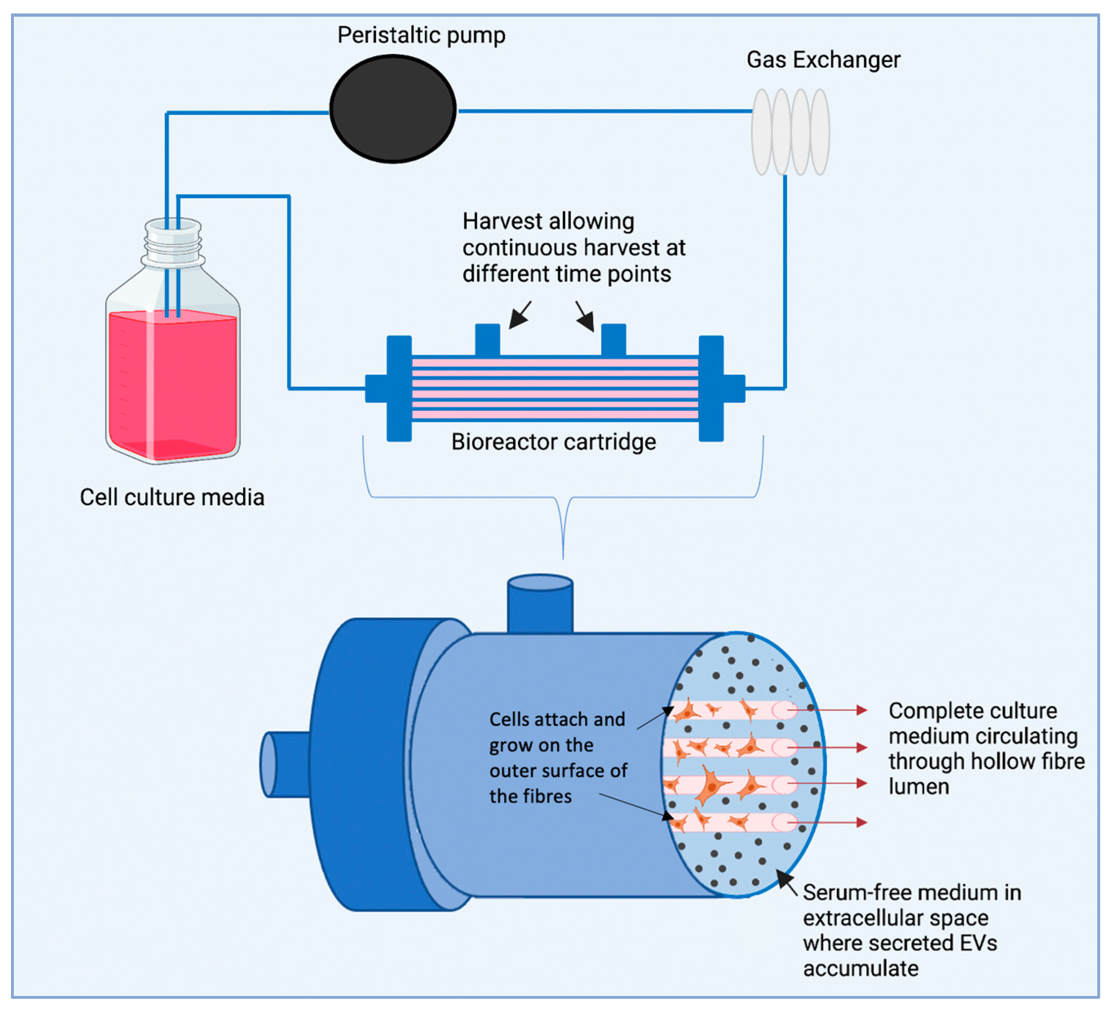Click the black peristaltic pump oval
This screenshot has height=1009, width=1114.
coord(393,109)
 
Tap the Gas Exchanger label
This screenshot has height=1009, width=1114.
coord(823,60)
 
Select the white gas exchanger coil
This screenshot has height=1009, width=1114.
coord(790,132)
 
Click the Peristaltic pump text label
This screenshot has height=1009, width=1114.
coord(421,35)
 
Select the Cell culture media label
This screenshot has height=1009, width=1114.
coord(172,497)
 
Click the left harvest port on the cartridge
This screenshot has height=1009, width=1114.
coord(487,339)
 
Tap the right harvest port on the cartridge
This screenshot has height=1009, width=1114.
coord(613,339)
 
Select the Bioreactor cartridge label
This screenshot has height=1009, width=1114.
coord(553,442)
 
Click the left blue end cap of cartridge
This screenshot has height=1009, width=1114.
coord(399,389)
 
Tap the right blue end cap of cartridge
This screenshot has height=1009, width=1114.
coord(711,389)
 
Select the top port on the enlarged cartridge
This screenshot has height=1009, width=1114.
coord(540,603)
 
